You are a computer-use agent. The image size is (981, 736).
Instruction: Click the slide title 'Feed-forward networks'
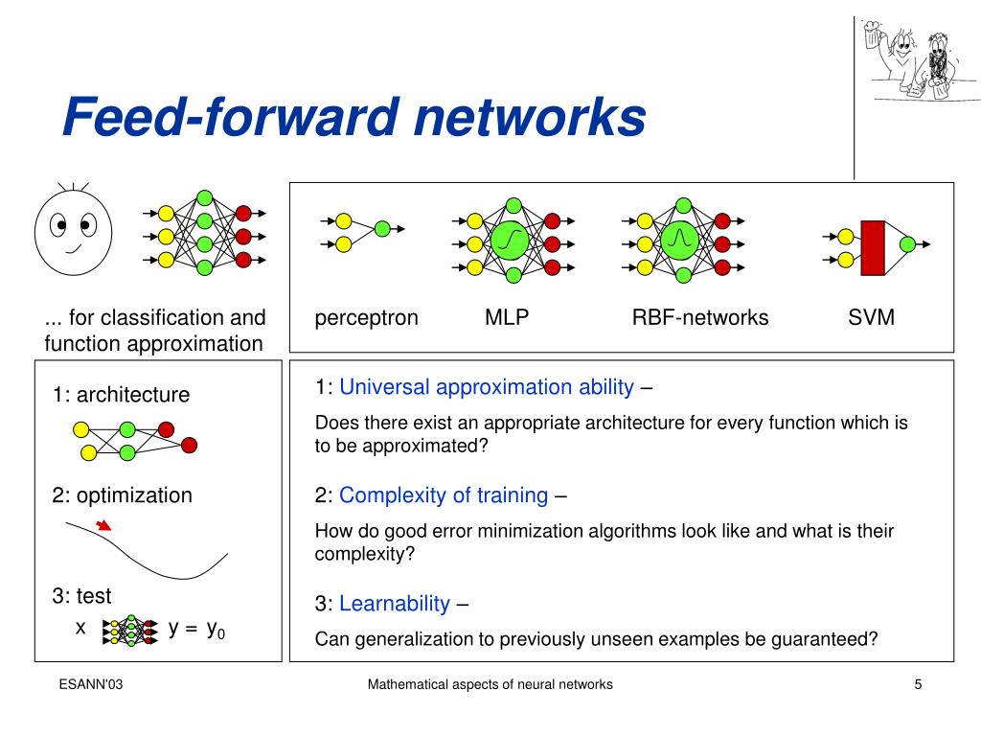pos(354,118)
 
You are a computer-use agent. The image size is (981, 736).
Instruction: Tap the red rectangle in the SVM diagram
pos(872,248)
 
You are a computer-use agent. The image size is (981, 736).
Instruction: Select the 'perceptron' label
pos(367,318)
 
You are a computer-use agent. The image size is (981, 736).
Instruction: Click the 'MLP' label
pos(507,318)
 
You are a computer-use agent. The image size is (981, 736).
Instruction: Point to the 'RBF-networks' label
pos(699,318)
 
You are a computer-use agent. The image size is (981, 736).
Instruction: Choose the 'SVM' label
pos(871,318)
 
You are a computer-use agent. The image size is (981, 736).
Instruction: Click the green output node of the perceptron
pos(382,229)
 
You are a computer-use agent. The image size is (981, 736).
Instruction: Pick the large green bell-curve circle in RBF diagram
pos(680,239)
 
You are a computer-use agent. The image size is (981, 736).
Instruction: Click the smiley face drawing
pos(74,231)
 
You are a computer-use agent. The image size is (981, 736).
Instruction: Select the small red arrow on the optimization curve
pos(104,524)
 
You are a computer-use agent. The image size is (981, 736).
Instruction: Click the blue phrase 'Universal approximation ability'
pos(487,387)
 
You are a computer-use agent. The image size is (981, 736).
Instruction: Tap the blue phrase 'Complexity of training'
pos(444,495)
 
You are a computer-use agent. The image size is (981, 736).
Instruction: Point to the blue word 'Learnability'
pos(395,604)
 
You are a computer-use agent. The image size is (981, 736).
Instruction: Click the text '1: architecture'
pos(121,395)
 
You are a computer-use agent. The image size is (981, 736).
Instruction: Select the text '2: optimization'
pos(122,495)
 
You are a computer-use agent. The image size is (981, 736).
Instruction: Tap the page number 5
pos(918,684)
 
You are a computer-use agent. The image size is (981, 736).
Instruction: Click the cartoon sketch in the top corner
pos(917,60)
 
